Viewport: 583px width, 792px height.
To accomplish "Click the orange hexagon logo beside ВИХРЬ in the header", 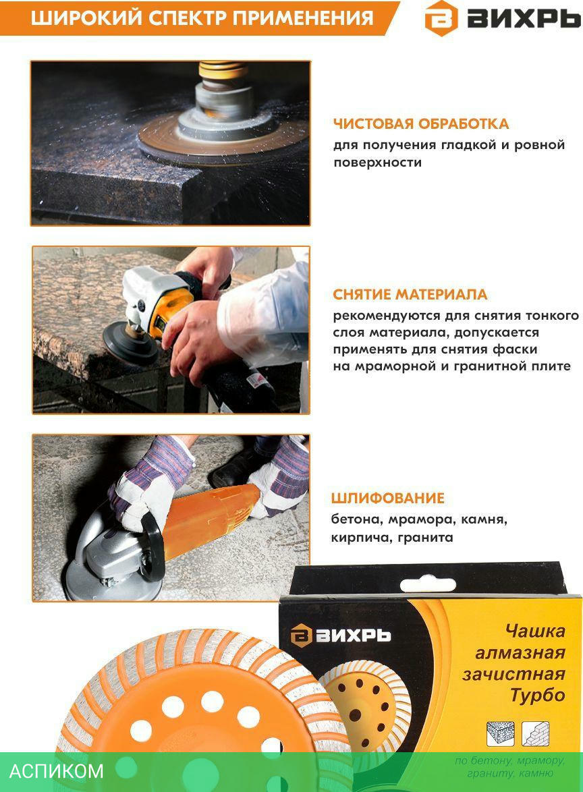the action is [x=441, y=18].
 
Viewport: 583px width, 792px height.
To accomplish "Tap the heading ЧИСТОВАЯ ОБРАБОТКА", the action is [x=421, y=124].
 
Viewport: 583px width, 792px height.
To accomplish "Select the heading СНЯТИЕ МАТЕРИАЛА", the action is [x=410, y=295].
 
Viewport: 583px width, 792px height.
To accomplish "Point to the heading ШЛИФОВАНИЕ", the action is [x=387, y=499].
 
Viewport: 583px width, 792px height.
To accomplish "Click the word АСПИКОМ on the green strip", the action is [x=57, y=771].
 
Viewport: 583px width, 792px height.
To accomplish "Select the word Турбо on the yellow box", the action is [x=538, y=696].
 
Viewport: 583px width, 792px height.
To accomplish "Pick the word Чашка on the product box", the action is [x=535, y=631].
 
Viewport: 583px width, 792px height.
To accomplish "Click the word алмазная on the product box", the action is [x=520, y=652].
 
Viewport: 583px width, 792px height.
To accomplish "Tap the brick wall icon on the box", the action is [x=536, y=734].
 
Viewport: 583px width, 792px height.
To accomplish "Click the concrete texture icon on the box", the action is [x=500, y=734].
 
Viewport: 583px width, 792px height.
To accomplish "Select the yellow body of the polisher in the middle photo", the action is [x=169, y=310].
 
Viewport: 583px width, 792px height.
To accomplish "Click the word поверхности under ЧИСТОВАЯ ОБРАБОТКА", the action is [x=377, y=163].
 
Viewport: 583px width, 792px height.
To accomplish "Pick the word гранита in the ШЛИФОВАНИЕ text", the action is [x=425, y=538].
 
